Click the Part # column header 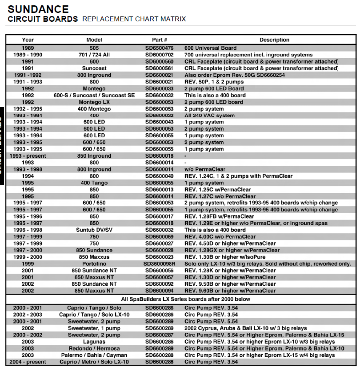(x=159, y=40)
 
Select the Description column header (x=274, y=40)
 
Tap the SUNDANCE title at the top (x=38, y=9)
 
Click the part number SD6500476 (x=159, y=48)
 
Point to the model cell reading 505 (x=94, y=48)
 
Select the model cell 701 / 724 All (x=94, y=55)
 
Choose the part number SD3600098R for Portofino (x=159, y=264)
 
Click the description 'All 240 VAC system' (x=210, y=116)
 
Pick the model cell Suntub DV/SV (x=94, y=230)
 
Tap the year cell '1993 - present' (x=28, y=156)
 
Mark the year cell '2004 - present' (x=28, y=362)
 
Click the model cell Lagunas (x=94, y=342)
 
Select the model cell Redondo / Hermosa (x=94, y=348)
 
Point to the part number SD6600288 (x=159, y=355)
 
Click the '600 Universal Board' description (x=211, y=48)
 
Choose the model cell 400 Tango (x=94, y=183)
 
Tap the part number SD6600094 (x=159, y=291)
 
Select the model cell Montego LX (x=94, y=102)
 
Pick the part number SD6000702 (x=159, y=55)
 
